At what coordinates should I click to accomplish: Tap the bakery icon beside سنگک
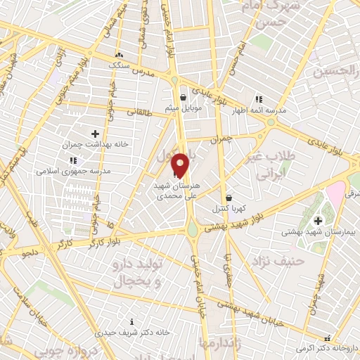pyautogui.click(x=119, y=55)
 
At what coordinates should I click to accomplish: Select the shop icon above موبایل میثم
pyautogui.click(x=183, y=98)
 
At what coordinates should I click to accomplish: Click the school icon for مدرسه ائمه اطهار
pyautogui.click(x=259, y=99)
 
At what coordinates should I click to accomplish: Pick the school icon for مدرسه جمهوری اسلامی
pyautogui.click(x=74, y=160)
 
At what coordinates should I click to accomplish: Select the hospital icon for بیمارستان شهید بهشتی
pyautogui.click(x=317, y=221)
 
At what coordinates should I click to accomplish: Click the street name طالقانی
pyautogui.click(x=140, y=112)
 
